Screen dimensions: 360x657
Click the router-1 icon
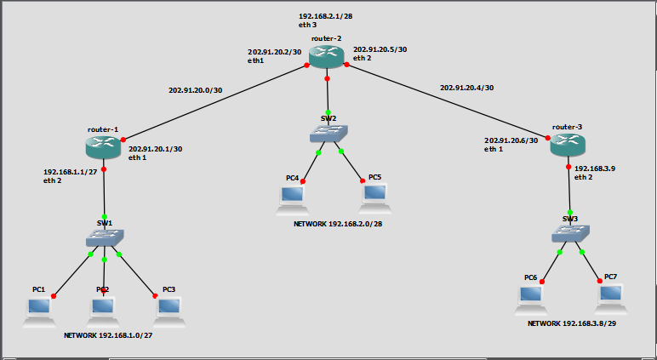tap(104, 146)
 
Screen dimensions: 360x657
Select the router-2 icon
tap(328, 57)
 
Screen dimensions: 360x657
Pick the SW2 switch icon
tap(328, 134)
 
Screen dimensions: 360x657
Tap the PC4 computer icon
tap(292, 197)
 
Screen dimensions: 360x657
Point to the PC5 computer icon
tap(374, 197)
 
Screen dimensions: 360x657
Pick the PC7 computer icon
tap(610, 296)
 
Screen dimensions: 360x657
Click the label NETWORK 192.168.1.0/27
tap(113, 336)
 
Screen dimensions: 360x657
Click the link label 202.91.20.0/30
tap(195, 89)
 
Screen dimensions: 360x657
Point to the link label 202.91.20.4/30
tap(466, 88)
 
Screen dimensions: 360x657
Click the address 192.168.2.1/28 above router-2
tap(325, 16)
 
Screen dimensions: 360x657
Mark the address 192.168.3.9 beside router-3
tap(594, 169)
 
